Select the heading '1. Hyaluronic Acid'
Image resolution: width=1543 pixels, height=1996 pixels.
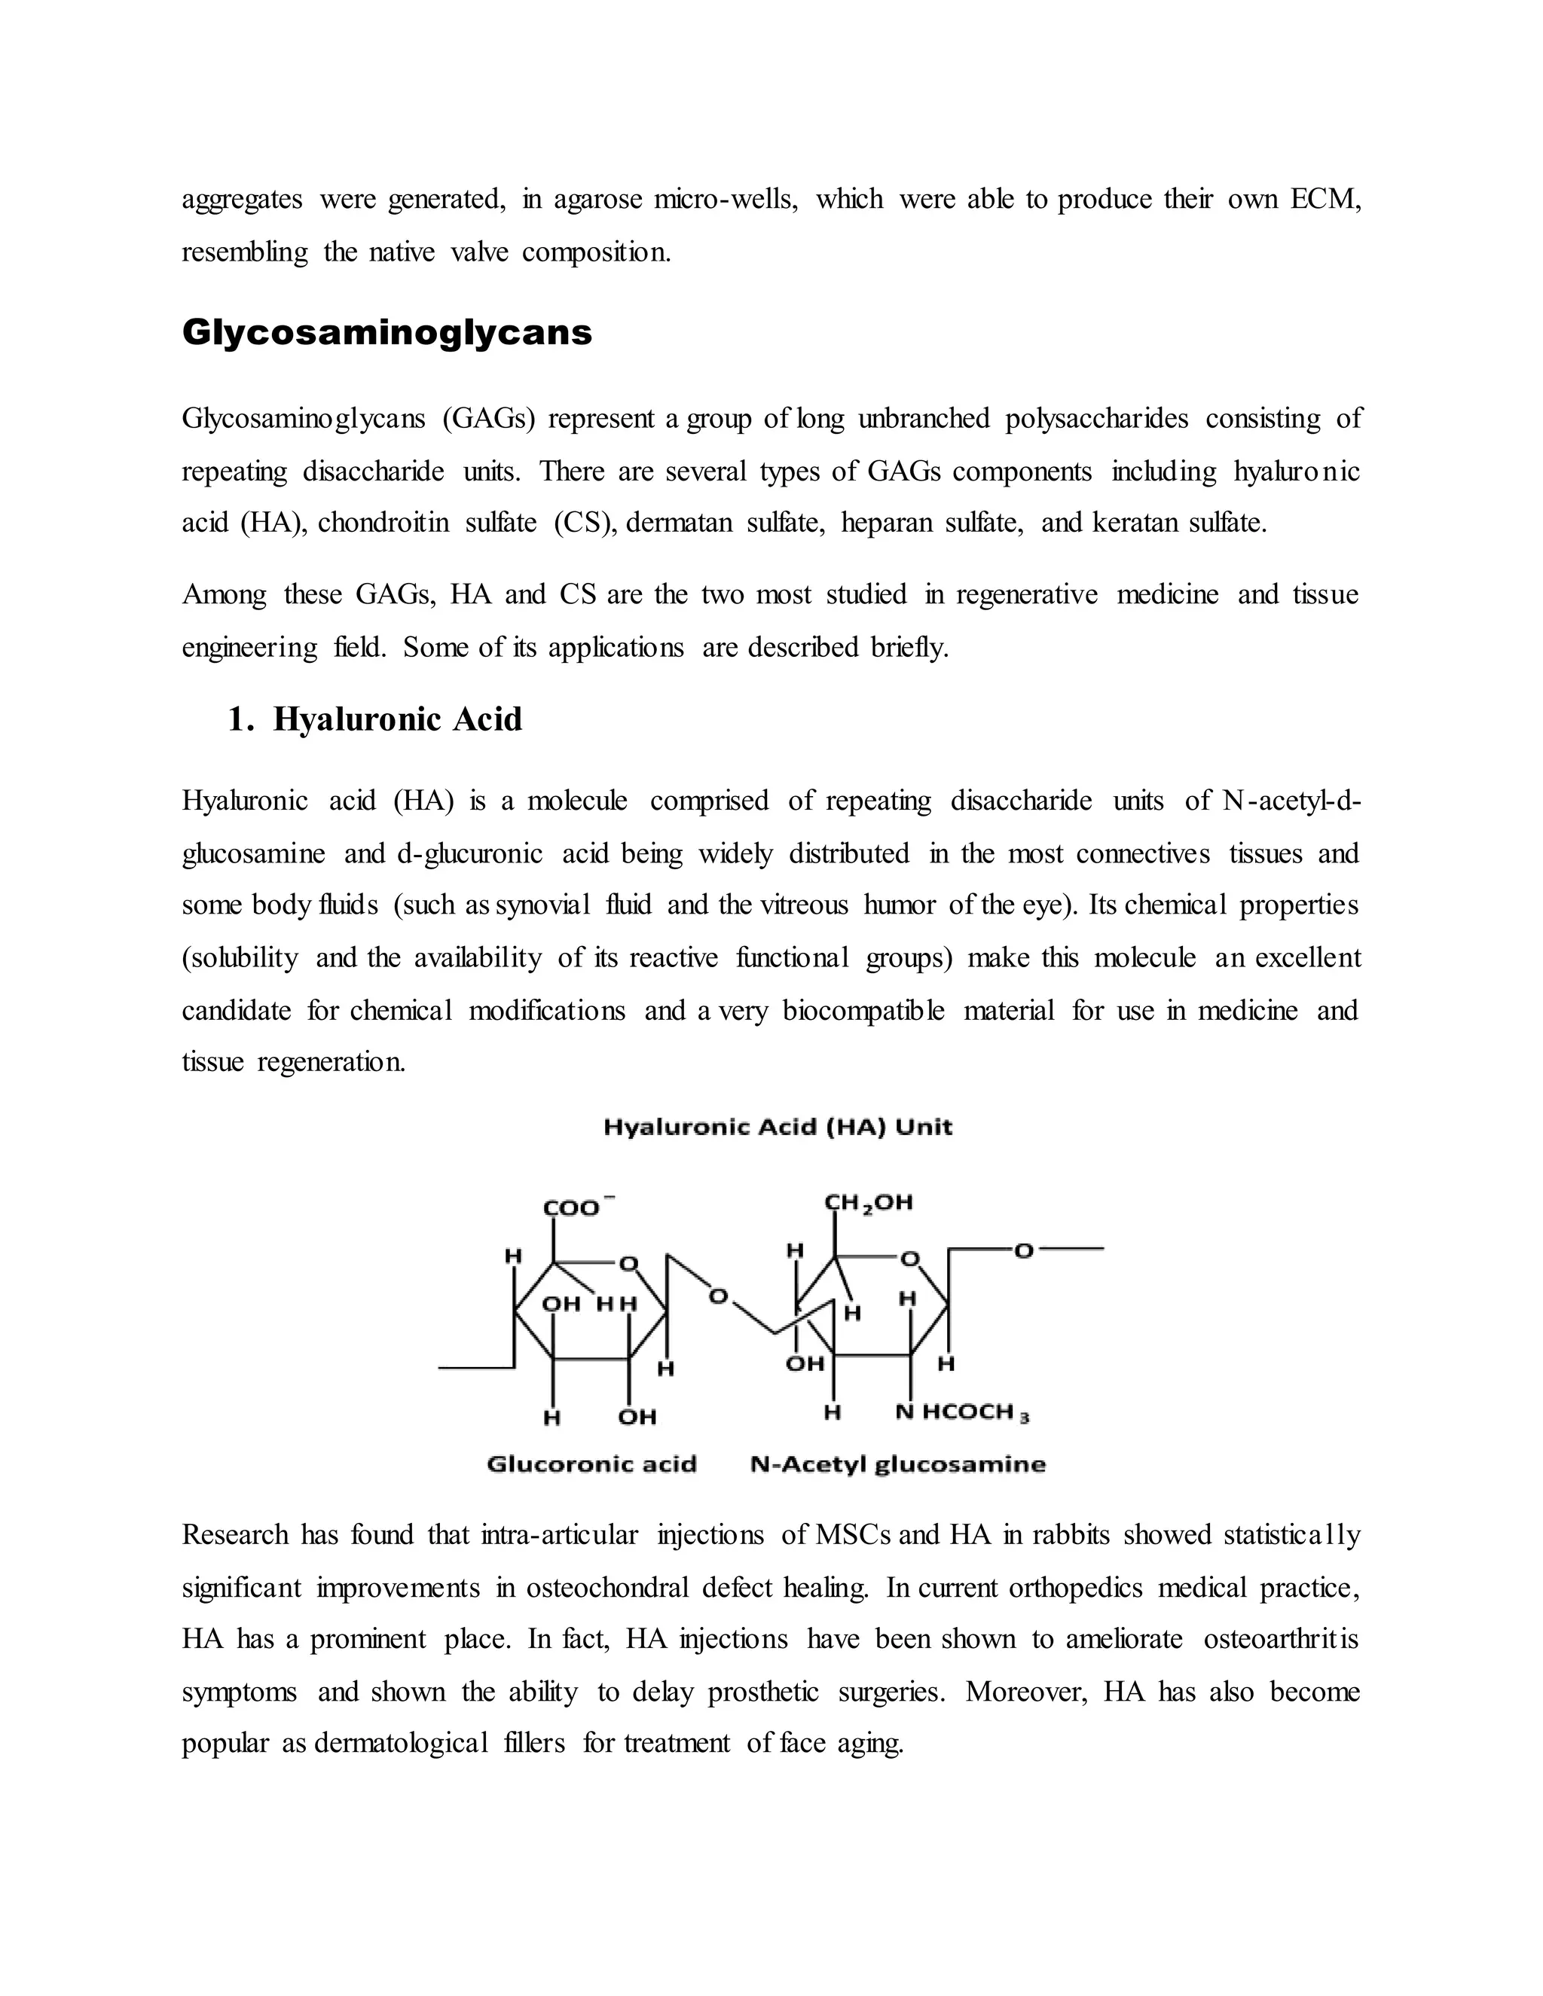click(x=374, y=719)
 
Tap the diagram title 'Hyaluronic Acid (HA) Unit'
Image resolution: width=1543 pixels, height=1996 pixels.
click(x=778, y=1127)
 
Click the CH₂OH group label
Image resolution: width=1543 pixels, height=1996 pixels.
click(x=869, y=1203)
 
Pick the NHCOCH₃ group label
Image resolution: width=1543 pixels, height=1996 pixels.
click(x=961, y=1413)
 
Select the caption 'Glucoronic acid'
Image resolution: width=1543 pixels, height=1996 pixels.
click(x=591, y=1464)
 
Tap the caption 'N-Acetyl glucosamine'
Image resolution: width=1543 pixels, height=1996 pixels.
click(x=897, y=1464)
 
